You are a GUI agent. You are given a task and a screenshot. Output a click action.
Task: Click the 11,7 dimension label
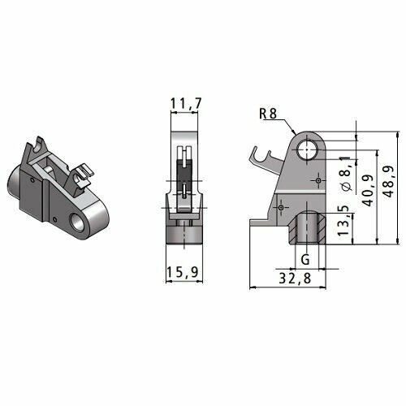tap(186, 104)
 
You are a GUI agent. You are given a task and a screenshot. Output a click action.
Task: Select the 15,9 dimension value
tap(183, 272)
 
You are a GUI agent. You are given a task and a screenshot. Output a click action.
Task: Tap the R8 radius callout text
tap(268, 114)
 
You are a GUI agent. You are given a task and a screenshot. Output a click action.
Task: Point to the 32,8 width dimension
tap(295, 278)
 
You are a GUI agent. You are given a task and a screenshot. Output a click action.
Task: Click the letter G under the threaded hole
tap(305, 260)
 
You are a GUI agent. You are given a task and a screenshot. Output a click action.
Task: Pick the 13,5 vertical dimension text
tap(343, 220)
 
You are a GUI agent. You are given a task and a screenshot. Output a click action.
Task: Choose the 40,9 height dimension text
tap(368, 190)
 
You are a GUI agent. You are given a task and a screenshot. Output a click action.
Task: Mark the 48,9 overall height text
tap(389, 181)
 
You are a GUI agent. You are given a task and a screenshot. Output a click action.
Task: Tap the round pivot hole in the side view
tap(306, 149)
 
